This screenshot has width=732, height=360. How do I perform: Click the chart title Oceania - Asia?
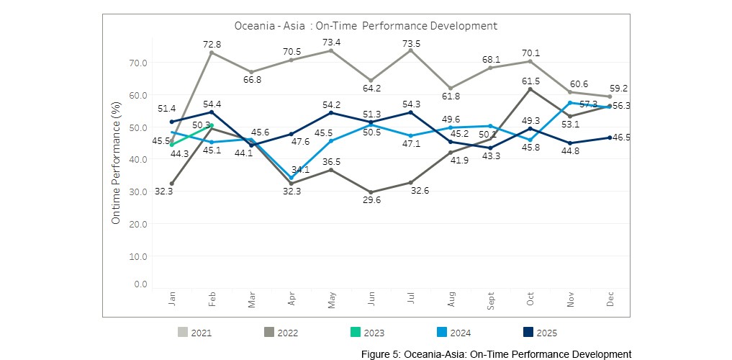[x=366, y=26]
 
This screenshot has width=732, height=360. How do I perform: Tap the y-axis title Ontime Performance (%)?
[x=116, y=162]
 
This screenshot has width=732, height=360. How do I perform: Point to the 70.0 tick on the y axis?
[x=138, y=63]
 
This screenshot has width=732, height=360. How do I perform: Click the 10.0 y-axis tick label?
[x=138, y=256]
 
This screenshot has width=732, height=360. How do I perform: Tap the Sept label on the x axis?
[x=491, y=298]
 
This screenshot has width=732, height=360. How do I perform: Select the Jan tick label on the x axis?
[x=172, y=300]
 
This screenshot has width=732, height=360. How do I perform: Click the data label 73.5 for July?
[x=410, y=40]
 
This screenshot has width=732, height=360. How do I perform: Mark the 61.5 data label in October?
[x=529, y=81]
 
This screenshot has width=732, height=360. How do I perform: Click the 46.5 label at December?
[x=621, y=137]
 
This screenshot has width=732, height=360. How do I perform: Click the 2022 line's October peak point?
[x=530, y=89]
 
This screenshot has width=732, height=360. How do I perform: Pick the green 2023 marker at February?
[x=212, y=125]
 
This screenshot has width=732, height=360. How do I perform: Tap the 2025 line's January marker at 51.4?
[x=172, y=122]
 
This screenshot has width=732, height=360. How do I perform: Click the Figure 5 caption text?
[x=497, y=354]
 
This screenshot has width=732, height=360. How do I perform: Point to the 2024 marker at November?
[x=570, y=102]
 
